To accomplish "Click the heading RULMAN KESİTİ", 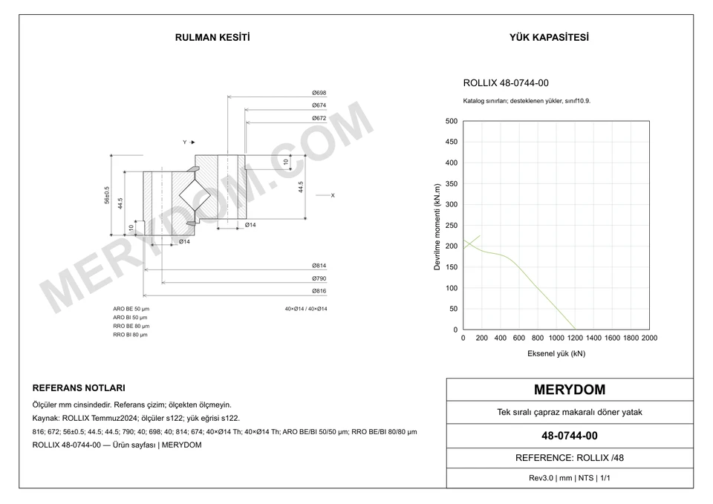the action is [x=212, y=38].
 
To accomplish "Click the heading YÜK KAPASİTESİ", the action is [x=549, y=38].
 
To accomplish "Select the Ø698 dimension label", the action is [x=319, y=93].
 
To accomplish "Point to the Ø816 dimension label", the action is [x=319, y=291].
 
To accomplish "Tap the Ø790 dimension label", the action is [x=319, y=278].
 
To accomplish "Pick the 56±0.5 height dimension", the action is [x=107, y=195].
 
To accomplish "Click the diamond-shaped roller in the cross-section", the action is [x=195, y=195].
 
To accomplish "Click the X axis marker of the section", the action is [x=333, y=195].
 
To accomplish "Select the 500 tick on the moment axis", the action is [x=451, y=121].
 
